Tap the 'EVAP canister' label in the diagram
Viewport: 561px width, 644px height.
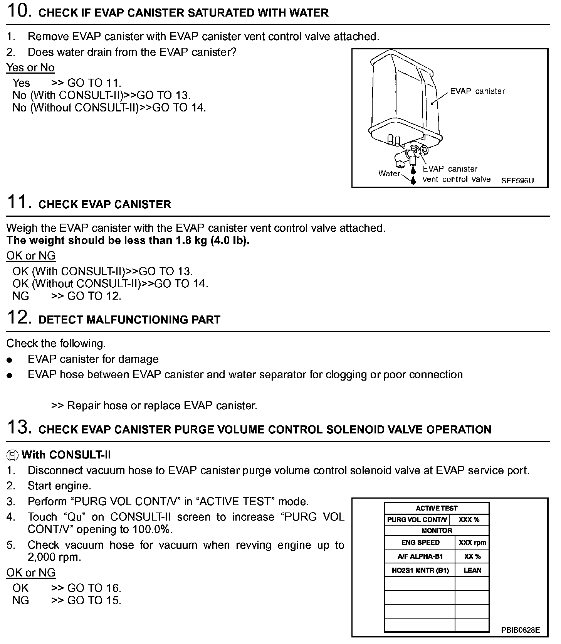[477, 91]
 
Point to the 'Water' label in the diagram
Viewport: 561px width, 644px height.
[389, 174]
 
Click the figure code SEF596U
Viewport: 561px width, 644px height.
[517, 180]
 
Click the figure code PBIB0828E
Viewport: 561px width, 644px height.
[520, 630]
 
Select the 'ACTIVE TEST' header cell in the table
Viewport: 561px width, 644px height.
[437, 508]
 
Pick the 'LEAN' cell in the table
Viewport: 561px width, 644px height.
[472, 570]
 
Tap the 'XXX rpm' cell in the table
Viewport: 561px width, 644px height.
[472, 543]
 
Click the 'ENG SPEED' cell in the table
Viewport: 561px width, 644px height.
[420, 543]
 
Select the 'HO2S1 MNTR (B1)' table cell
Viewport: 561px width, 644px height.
[420, 570]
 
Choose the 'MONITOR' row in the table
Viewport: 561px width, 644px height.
[437, 531]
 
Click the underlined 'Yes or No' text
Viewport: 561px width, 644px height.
[30, 68]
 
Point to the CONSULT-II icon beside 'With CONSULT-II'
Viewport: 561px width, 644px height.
[12, 455]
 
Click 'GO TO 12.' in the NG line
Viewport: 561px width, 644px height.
[94, 296]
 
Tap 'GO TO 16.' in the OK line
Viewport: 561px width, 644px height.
[94, 588]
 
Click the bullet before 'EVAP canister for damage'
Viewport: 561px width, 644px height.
[10, 360]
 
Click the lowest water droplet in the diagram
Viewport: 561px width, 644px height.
[413, 180]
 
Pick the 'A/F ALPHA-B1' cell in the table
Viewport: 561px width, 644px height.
[420, 556]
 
